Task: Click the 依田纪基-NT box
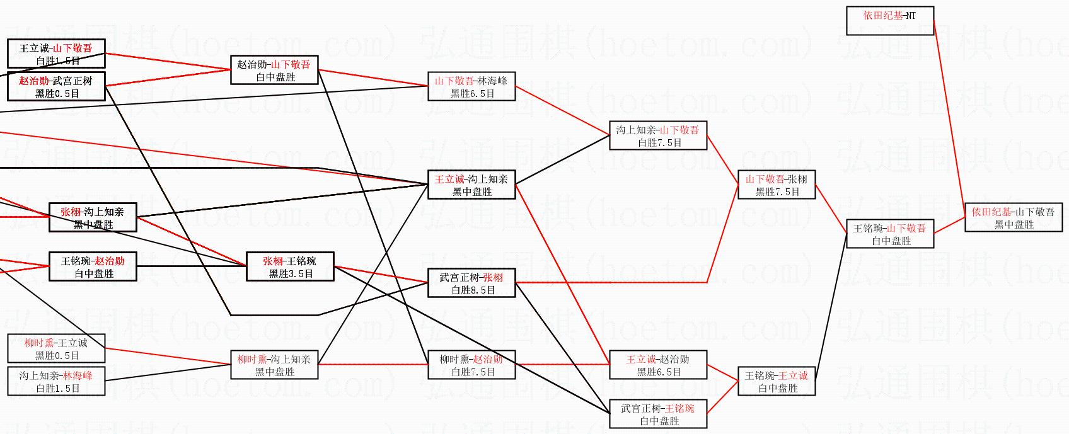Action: click(889, 21)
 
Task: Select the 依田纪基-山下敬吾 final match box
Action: click(1014, 217)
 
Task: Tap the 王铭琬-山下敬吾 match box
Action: click(889, 234)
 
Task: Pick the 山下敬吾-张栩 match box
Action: click(777, 185)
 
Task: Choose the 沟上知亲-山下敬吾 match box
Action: click(658, 135)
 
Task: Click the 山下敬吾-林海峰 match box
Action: click(471, 86)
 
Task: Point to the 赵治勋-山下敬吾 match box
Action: click(274, 70)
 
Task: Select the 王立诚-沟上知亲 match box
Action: click(471, 185)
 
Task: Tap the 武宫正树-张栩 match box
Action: click(471, 283)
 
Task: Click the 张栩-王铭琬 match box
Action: click(290, 266)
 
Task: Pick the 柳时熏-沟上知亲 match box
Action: click(274, 365)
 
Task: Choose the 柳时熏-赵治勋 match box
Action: click(471, 365)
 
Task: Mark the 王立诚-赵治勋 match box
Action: click(658, 365)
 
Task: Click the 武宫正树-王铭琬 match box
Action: click(658, 414)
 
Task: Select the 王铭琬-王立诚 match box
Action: click(777, 381)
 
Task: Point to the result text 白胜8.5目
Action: click(473, 290)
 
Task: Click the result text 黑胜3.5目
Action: click(291, 273)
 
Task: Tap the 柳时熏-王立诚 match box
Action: click(56, 348)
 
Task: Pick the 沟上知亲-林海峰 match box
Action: click(56, 381)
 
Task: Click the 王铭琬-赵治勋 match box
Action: click(93, 266)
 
